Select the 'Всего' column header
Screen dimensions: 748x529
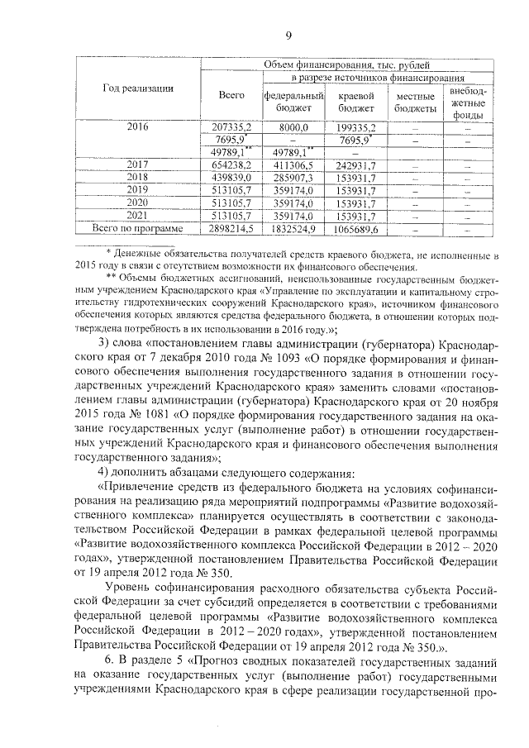pyautogui.click(x=232, y=97)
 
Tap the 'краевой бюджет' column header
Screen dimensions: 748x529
pyautogui.click(x=357, y=102)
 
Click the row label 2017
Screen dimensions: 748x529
pyautogui.click(x=138, y=165)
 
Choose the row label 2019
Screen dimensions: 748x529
pyautogui.click(x=138, y=190)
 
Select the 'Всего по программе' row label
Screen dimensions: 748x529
pyautogui.click(x=138, y=227)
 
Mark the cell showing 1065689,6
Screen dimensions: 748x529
pyautogui.click(x=357, y=227)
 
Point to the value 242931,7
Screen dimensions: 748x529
pyautogui.click(x=357, y=165)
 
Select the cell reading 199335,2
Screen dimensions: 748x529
pyautogui.click(x=357, y=127)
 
